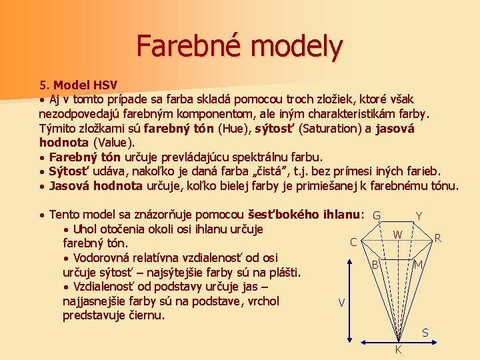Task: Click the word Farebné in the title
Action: (177, 45)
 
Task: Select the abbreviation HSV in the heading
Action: (105, 85)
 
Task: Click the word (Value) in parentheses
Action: (113, 142)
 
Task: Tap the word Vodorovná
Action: (106, 257)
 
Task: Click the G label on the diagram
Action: (377, 216)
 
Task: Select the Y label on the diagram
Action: (418, 216)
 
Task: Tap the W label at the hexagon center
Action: (397, 235)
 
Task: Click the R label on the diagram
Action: (437, 237)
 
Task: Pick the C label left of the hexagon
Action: (353, 242)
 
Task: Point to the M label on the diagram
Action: (418, 265)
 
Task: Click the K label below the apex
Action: (398, 350)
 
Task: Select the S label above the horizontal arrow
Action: (425, 333)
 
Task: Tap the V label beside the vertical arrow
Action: (341, 302)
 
